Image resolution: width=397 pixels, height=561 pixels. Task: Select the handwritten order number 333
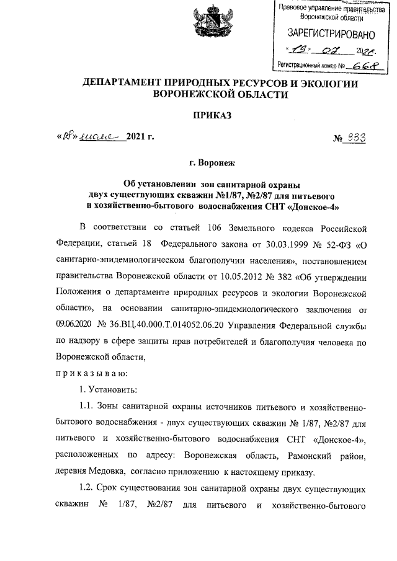pyautogui.click(x=355, y=138)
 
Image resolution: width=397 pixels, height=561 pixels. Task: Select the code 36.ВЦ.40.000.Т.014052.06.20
pyautogui.click(x=167, y=325)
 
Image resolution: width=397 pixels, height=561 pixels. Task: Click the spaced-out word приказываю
pyautogui.click(x=83, y=373)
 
